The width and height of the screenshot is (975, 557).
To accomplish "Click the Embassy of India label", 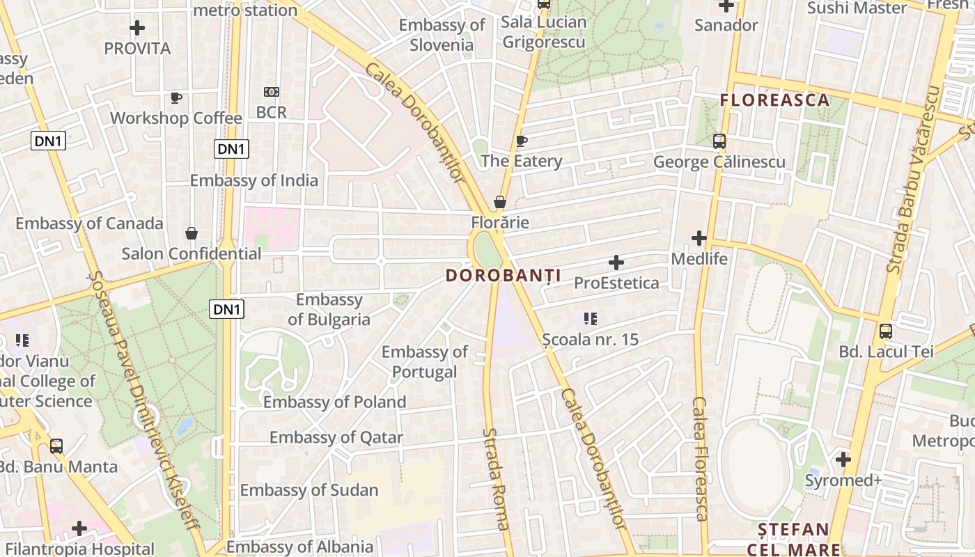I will click(x=254, y=181).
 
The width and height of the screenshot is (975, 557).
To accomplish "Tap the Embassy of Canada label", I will click(x=89, y=223).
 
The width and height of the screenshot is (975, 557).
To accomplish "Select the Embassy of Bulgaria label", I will click(x=329, y=310).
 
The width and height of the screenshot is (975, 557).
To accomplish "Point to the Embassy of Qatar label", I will click(x=336, y=437).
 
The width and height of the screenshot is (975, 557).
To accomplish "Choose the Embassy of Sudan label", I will click(x=309, y=490).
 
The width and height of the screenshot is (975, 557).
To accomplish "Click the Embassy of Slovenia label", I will click(x=442, y=35).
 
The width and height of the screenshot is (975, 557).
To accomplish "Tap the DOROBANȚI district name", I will click(x=504, y=276).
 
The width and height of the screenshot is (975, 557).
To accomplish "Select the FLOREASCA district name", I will click(x=775, y=100).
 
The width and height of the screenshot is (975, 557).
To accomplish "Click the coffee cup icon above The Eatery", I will click(x=521, y=141).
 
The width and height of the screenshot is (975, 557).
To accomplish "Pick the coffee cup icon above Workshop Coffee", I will click(x=175, y=98).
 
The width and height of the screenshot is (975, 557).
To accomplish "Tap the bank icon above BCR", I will click(x=271, y=92).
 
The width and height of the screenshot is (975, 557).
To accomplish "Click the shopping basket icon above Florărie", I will click(x=500, y=203).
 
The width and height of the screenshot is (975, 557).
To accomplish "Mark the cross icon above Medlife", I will click(x=699, y=239).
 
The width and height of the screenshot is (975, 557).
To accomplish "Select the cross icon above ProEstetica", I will click(x=616, y=262).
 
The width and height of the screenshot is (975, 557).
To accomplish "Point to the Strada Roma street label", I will click(x=495, y=479).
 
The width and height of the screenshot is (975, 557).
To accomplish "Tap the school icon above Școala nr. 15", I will click(x=591, y=320).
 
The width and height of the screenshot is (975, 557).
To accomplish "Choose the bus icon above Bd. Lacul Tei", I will click(x=886, y=331).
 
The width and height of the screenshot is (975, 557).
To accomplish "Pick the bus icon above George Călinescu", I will click(x=719, y=141).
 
